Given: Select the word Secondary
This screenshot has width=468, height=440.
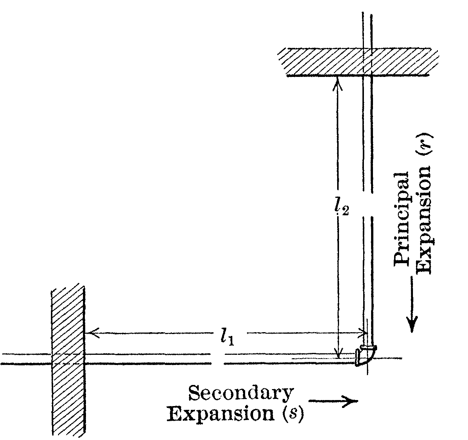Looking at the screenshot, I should pos(241,394).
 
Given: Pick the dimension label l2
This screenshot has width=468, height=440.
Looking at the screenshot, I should pos(342,207).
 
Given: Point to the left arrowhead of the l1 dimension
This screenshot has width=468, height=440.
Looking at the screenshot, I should pos(92,333).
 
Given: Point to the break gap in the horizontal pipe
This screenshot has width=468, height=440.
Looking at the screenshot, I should pos(218,359).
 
